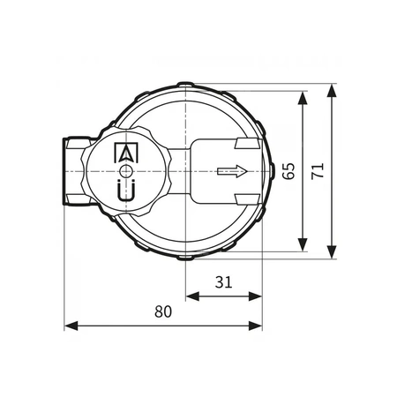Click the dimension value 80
tap(163, 311)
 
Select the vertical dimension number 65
tap(288, 170)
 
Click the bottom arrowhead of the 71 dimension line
tap(332, 255)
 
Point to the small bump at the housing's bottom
tap(186, 258)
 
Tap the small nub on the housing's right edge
tap(271, 171)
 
